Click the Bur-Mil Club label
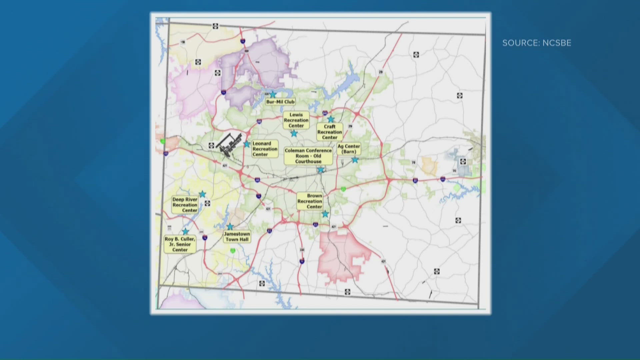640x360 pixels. pos(280,102)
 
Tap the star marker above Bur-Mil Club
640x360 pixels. pos(273,95)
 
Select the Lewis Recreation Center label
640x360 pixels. pos(296,120)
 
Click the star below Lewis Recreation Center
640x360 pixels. pos(294,133)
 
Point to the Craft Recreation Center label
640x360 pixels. pos(330,132)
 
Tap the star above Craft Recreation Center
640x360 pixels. pos(331,119)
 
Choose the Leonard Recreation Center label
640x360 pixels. pos(265,149)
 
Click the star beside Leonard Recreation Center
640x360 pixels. pos(247,144)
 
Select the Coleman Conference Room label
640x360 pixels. pos(308,156)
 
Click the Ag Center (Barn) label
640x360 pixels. pos(349,149)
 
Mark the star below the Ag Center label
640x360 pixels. pos(355,160)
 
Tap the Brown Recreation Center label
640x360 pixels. pos(310,201)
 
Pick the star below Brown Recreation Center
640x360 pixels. pos(325,214)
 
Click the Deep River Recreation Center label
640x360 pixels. pos(185,205)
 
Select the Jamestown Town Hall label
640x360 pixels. pos(237,237)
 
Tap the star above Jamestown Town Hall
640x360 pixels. pos(230,227)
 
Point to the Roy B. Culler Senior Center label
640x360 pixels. pos(180,244)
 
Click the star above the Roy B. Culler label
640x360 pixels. pos(185,231)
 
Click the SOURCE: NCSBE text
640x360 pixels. pos(537,43)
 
